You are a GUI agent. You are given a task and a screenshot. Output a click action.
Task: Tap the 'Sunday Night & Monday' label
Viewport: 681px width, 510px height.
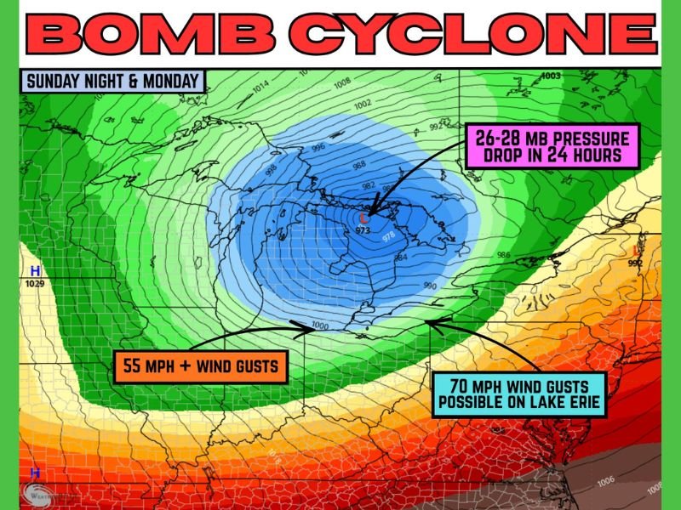click(112, 82)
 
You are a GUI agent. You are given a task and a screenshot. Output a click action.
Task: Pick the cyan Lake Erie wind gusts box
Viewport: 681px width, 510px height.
click(519, 394)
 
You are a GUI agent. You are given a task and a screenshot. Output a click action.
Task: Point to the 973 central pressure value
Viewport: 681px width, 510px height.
click(363, 231)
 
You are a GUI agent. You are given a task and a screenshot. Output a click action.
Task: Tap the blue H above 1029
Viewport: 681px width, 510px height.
click(35, 270)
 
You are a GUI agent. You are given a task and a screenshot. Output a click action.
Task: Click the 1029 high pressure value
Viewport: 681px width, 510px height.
click(35, 282)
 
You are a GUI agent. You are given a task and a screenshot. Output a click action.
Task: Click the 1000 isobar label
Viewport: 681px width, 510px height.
click(320, 326)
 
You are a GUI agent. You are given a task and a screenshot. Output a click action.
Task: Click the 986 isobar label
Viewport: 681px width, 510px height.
click(503, 254)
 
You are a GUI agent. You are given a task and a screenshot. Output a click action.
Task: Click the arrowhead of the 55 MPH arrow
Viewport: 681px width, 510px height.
click(293, 323)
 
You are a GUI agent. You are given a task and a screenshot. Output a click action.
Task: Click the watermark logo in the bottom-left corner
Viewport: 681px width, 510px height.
click(37, 490)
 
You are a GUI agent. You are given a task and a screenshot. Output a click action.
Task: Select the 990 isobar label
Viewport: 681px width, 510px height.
click(430, 286)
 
